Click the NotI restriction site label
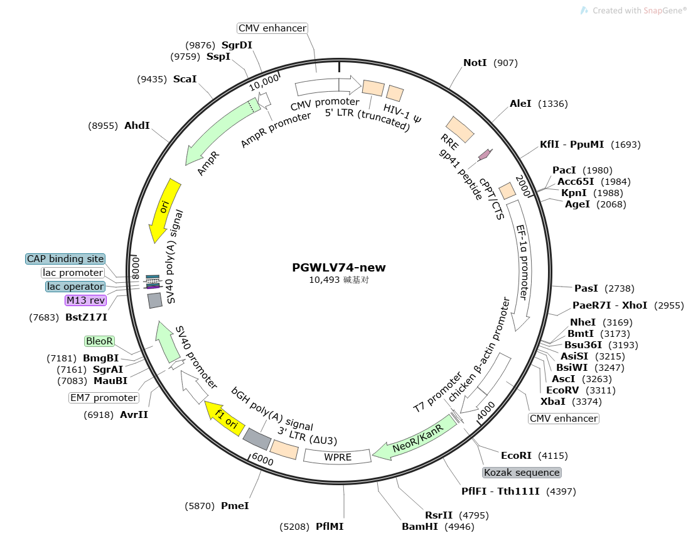[475, 63]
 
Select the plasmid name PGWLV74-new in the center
[338, 267]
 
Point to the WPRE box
[338, 456]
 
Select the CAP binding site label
[65, 259]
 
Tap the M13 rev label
[86, 300]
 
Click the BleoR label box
[99, 341]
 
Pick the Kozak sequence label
[522, 473]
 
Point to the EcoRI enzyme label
[516, 456]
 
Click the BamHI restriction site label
[420, 527]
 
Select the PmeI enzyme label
[235, 506]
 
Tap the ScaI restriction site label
[185, 79]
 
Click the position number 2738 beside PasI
[620, 288]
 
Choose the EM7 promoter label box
[104, 398]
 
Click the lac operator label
[75, 287]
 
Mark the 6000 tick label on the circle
[262, 460]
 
